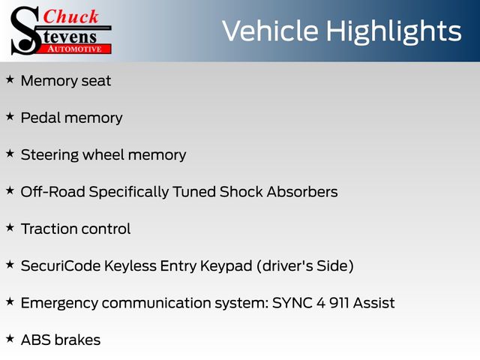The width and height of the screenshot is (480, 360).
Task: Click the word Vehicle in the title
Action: click(270, 31)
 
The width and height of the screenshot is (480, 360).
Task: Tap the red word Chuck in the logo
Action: click(70, 16)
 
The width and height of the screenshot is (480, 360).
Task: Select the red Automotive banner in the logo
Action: click(75, 49)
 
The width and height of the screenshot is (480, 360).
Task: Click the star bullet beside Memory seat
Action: click(10, 79)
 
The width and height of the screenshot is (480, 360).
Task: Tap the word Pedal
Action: click(40, 118)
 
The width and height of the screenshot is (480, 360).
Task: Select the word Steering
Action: click(50, 155)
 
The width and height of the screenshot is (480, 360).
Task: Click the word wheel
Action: click(103, 154)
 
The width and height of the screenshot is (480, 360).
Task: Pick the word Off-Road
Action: click(53, 192)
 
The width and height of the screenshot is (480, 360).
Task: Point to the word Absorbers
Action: click(302, 192)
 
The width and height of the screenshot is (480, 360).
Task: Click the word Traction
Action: click(49, 229)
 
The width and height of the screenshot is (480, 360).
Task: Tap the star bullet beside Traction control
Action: click(10, 228)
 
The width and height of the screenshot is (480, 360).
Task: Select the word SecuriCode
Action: click(61, 265)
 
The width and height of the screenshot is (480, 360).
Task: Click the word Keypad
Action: click(226, 266)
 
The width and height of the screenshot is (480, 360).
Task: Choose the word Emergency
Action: click(59, 303)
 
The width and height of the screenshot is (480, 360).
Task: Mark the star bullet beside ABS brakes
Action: click(10, 339)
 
